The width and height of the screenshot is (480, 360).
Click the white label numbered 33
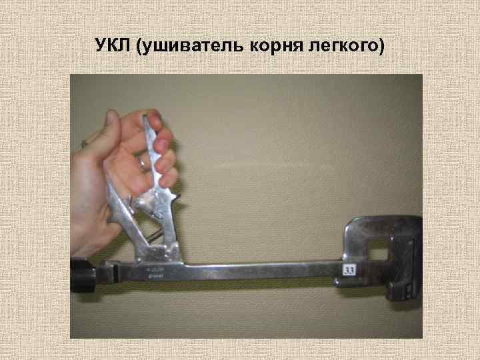349,270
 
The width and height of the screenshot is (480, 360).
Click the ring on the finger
142,161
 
